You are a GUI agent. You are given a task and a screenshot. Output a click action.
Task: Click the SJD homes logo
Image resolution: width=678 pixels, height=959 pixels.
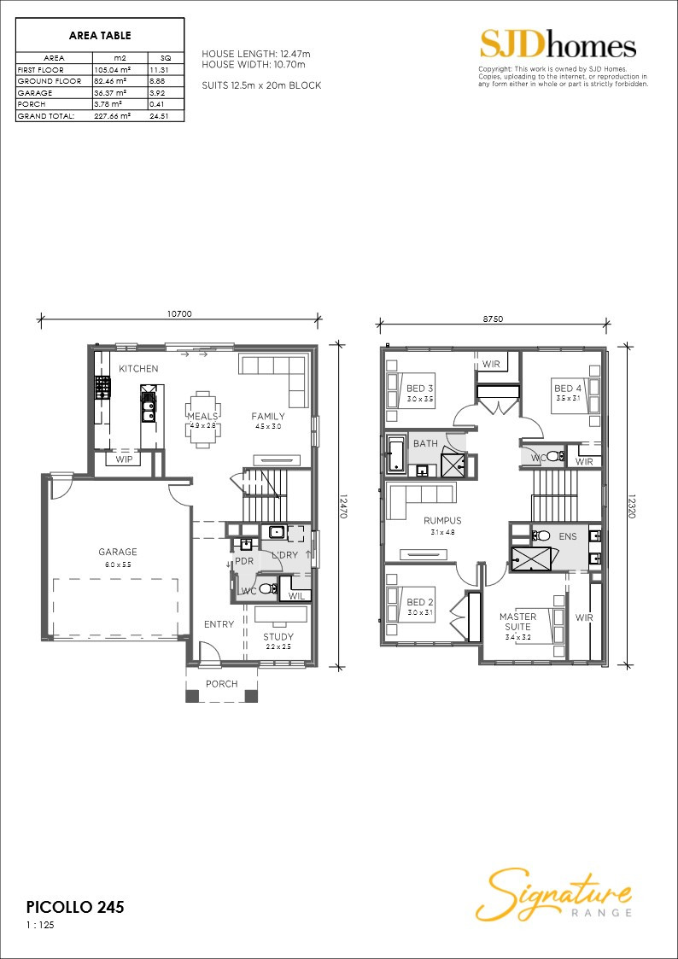coord(558,44)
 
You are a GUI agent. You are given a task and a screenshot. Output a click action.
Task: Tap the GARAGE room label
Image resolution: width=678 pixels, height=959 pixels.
coord(117,552)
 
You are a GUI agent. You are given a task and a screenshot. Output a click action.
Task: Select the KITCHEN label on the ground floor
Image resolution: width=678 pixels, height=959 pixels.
coord(138,369)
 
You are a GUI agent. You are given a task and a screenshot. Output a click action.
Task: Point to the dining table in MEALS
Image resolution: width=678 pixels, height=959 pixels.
coord(202,418)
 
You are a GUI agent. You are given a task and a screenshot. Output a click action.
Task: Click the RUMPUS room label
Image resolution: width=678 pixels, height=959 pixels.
coord(442,520)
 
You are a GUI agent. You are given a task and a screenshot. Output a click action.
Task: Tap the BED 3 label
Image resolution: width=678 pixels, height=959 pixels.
coord(419,388)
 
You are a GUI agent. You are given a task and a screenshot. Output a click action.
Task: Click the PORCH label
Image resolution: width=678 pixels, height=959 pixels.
coord(222,684)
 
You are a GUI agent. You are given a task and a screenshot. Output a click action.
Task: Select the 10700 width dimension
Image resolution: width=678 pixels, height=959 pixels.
coord(179,314)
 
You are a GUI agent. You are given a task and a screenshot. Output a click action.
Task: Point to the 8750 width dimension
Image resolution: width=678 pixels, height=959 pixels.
coord(493,319)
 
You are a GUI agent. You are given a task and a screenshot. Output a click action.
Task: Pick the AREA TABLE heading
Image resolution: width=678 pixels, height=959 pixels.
coord(100,36)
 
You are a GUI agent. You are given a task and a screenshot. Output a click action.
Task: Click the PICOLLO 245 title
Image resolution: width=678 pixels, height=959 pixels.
coord(75,907)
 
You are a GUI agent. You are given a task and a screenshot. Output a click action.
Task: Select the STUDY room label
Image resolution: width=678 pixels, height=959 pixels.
coord(278,636)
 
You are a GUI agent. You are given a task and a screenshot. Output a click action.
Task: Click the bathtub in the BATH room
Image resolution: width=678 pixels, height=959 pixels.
coord(396,454)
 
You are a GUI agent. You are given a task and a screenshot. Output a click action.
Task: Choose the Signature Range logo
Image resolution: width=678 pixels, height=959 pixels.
coord(554,893)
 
